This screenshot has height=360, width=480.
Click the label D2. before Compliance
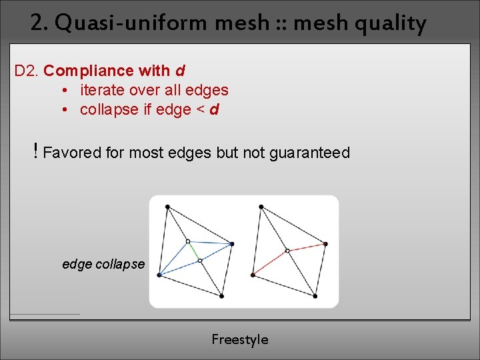point(27,70)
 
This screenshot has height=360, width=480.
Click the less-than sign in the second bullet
point(200,109)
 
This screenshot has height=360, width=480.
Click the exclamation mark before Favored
point(35,152)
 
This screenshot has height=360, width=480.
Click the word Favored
point(71,153)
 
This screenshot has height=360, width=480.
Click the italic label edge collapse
point(103,264)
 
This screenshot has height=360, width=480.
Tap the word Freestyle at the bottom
point(240,339)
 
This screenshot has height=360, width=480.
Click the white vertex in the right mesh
point(287,251)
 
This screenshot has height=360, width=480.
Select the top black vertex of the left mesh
point(167,207)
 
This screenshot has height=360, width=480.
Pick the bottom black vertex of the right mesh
point(315,296)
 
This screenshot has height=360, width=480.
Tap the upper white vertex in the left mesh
point(188,241)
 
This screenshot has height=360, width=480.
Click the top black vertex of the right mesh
point(261,207)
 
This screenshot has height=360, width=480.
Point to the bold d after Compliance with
point(180,70)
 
